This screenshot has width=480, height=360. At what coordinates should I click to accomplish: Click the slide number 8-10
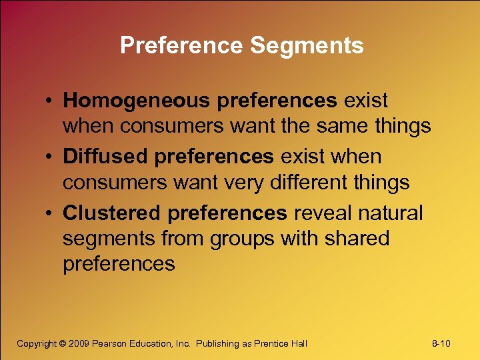[441, 343]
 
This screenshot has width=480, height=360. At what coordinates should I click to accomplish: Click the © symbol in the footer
[63, 343]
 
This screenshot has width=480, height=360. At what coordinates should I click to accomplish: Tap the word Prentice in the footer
[268, 343]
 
